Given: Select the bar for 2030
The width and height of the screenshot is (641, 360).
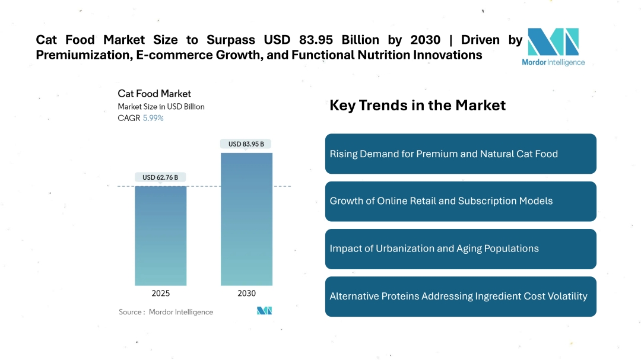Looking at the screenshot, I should (x=246, y=219).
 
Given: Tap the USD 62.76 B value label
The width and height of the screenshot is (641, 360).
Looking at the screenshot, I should (x=160, y=177).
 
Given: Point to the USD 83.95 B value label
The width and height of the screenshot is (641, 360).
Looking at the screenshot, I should (x=246, y=144).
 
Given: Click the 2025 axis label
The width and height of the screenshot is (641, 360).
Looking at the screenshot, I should (x=160, y=293).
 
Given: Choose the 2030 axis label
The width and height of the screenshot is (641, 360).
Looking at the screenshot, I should (x=246, y=293).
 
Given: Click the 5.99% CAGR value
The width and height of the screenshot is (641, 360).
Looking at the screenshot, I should (x=153, y=118).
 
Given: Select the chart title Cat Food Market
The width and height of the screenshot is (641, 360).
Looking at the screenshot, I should (x=154, y=94).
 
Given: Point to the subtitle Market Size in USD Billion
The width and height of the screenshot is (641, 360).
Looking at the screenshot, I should (x=161, y=107).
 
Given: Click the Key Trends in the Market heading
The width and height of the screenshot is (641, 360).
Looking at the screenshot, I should (x=417, y=106).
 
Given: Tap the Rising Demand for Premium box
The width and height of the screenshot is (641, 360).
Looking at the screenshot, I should (x=461, y=154).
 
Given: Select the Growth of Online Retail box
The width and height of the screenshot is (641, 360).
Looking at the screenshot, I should (x=461, y=201).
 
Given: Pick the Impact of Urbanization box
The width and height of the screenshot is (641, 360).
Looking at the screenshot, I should (x=461, y=249).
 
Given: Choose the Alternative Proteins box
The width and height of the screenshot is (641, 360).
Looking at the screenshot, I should (x=461, y=296).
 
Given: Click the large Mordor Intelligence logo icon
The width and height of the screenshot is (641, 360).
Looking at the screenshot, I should (x=553, y=42).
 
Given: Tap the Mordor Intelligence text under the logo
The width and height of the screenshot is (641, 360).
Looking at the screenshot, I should (x=553, y=62).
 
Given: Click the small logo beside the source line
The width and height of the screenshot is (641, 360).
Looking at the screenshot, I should (x=264, y=311).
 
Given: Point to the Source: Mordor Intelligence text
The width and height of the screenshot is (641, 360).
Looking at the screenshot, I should (x=166, y=312).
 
